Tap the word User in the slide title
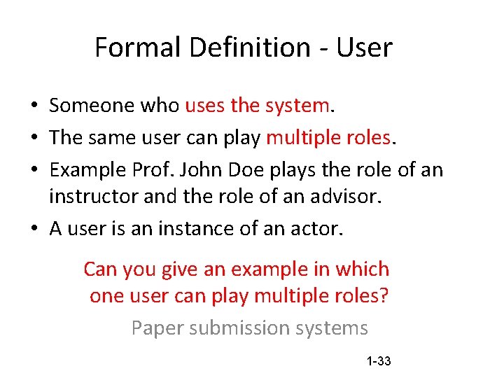click(x=364, y=48)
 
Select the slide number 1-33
click(x=378, y=361)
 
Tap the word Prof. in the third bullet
click(x=166, y=170)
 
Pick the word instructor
click(x=94, y=197)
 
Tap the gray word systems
click(x=335, y=328)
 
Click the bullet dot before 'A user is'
click(x=34, y=230)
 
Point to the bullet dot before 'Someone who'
click(x=34, y=106)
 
